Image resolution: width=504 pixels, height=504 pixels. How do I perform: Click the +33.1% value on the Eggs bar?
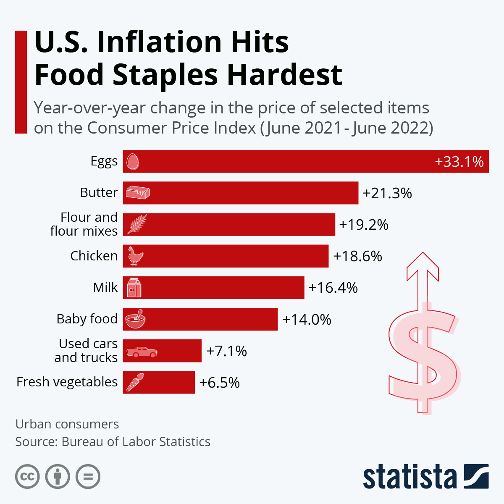click(459, 162)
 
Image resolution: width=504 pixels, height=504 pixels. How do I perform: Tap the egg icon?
click(133, 161)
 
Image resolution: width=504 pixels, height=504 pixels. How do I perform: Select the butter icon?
click(138, 193)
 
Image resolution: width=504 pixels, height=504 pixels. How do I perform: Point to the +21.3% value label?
click(387, 193)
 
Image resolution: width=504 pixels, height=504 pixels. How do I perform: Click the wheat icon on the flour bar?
click(137, 224)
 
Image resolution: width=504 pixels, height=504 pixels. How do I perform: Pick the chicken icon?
click(135, 256)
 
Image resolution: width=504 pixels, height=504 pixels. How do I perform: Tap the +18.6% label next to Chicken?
click(357, 256)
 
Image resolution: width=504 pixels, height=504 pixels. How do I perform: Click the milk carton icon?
click(134, 287)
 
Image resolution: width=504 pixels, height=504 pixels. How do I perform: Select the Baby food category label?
click(87, 319)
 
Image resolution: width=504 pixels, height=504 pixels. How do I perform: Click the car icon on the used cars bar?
click(142, 352)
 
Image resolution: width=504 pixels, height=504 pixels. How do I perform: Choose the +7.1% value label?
click(226, 351)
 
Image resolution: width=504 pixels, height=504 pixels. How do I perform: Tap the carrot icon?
click(135, 382)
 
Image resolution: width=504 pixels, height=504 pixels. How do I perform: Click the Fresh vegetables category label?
click(67, 382)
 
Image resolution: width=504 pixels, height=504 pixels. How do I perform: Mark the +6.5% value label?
click(219, 383)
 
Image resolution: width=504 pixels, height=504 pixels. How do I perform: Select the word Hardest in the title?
click(284, 75)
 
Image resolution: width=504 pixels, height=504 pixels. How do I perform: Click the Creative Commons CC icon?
click(27, 477)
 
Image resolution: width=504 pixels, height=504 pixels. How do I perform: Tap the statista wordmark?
click(409, 477)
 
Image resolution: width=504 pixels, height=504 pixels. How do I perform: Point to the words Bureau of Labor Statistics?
click(136, 442)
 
